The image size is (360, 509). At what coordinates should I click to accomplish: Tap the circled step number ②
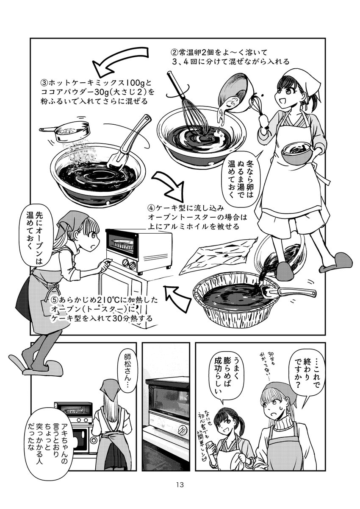[x=174, y=53]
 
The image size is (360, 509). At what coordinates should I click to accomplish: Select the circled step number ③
[x=44, y=82]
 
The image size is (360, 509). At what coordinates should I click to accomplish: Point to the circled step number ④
[x=151, y=208]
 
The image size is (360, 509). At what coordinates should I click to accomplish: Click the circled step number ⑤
[x=55, y=300]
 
